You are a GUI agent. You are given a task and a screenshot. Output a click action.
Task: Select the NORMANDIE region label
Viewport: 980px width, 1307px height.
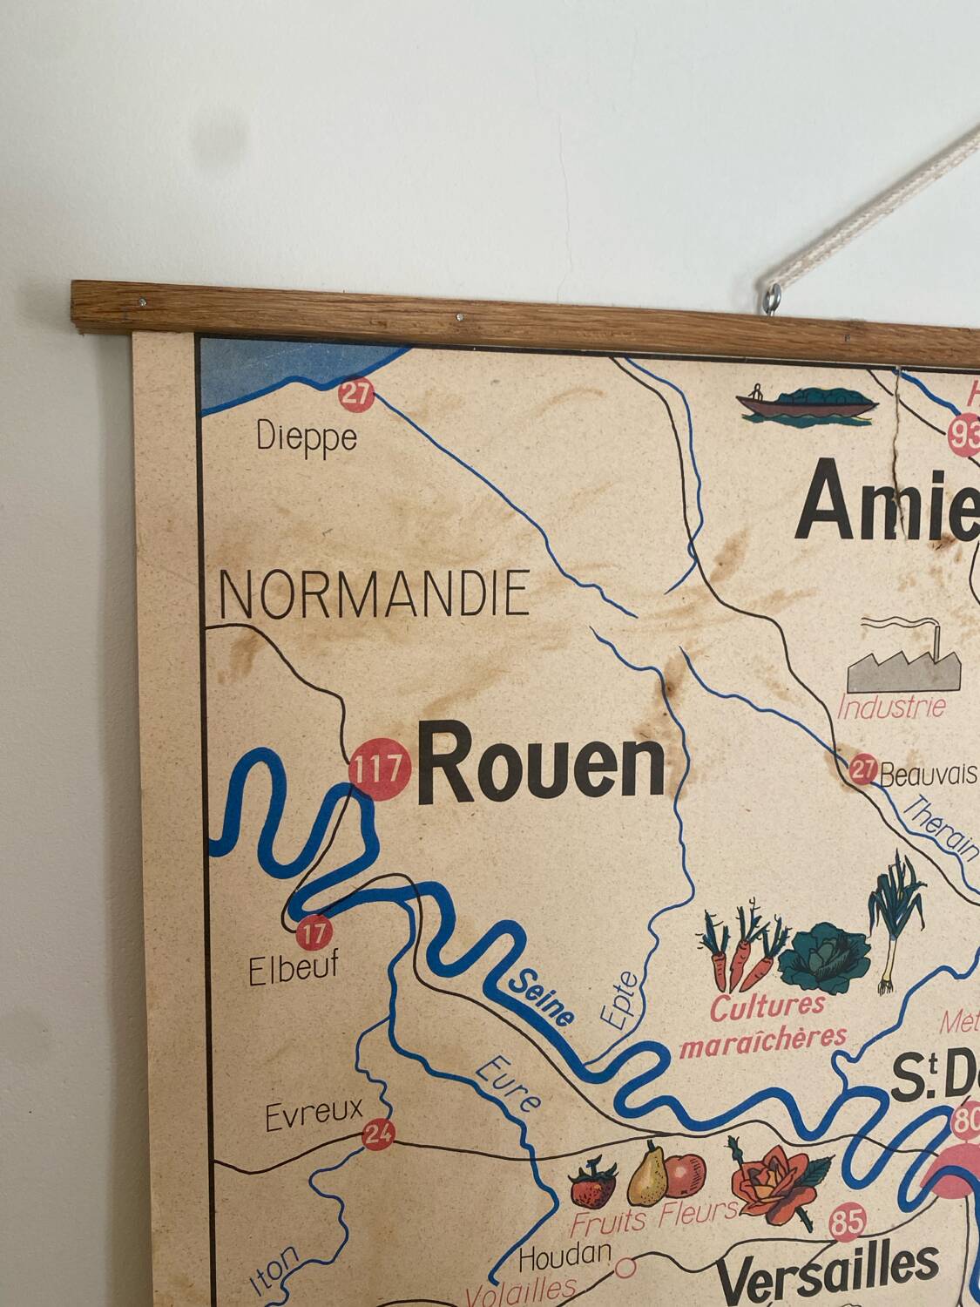click(x=375, y=594)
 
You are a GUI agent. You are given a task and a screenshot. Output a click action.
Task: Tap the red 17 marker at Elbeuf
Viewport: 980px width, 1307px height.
click(x=314, y=934)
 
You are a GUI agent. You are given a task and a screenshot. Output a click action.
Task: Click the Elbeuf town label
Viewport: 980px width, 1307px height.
click(x=293, y=969)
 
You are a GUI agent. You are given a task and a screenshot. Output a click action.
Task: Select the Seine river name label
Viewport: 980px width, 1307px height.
click(x=542, y=997)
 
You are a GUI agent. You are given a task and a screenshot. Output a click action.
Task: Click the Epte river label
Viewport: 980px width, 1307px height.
click(x=619, y=1001)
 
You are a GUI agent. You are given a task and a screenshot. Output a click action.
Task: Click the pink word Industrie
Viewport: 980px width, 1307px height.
click(x=891, y=707)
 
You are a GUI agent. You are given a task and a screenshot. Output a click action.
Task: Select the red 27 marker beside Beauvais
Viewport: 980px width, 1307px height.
click(x=862, y=770)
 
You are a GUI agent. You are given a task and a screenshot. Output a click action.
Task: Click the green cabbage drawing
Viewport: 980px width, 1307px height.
click(x=824, y=962)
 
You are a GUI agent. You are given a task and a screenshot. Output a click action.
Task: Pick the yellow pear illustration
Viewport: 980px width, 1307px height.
click(x=649, y=1173)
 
